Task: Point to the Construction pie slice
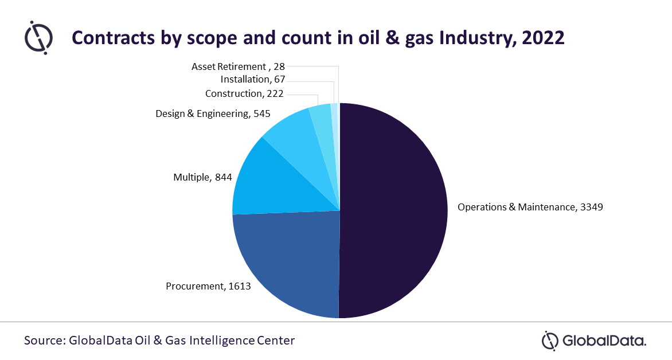[322, 120]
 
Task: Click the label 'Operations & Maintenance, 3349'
[530, 207]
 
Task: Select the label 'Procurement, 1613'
[208, 285]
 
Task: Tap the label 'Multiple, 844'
[202, 178]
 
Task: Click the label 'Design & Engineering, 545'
[213, 114]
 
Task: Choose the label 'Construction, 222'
[244, 93]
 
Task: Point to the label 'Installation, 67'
[253, 79]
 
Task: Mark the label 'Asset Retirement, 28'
[238, 66]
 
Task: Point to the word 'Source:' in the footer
[44, 341]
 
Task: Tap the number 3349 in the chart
[591, 207]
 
